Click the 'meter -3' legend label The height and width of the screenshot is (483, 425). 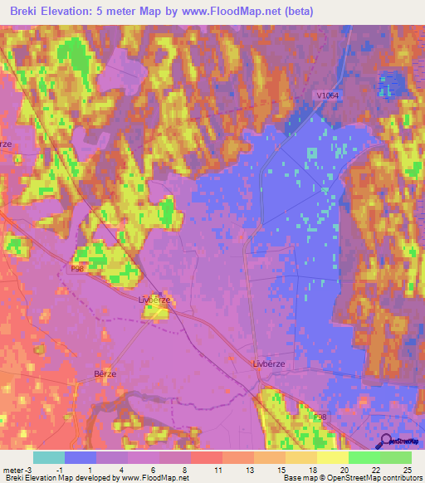click(x=16, y=470)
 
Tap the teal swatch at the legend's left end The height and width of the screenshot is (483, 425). click(x=49, y=457)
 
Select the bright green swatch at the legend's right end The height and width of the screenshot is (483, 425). click(x=395, y=457)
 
